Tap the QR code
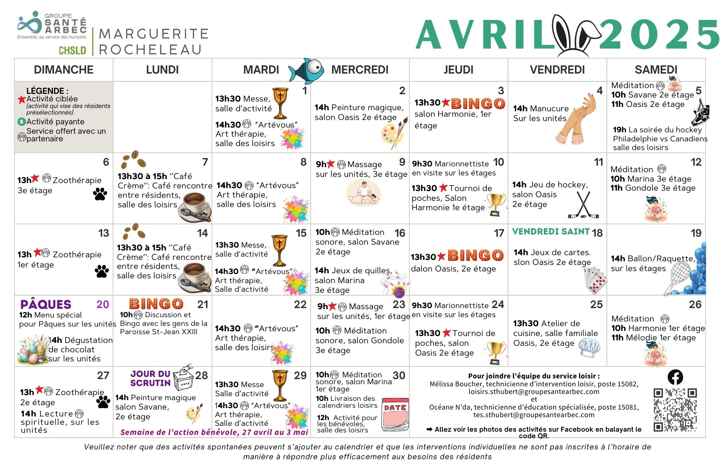click(x=675, y=410)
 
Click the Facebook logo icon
click(x=675, y=377)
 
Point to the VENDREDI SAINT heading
click(x=551, y=232)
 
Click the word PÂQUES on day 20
click(x=46, y=304)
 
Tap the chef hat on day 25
click(x=589, y=348)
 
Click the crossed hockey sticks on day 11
click(x=583, y=205)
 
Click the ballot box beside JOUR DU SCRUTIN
click(x=183, y=379)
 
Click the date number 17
click(x=499, y=233)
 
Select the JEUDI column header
click(x=458, y=70)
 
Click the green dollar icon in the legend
click(x=22, y=122)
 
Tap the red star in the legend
click(x=22, y=99)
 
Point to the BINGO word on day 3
click(x=478, y=104)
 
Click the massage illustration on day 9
click(x=364, y=194)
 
